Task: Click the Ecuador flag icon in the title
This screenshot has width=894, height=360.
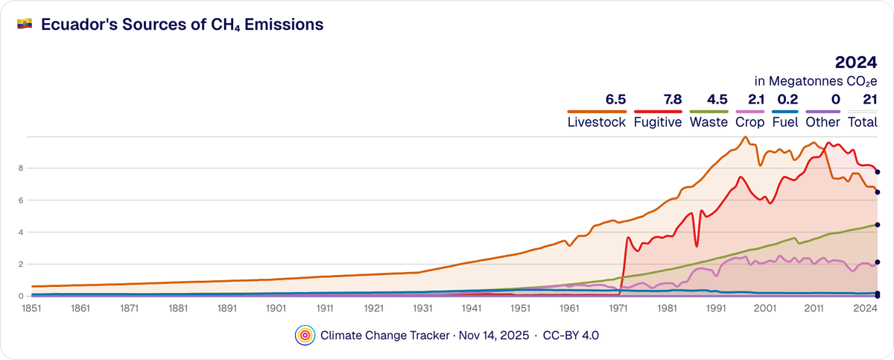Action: [24, 24]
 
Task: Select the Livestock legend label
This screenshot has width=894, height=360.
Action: [596, 122]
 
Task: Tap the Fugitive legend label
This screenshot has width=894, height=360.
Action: [657, 122]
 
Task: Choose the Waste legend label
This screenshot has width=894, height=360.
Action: [708, 122]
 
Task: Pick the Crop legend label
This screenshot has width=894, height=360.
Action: [749, 122]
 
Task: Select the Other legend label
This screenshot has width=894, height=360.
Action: [824, 122]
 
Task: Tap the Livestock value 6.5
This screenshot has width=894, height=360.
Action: [615, 99]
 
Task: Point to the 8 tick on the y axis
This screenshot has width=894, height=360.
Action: [22, 168]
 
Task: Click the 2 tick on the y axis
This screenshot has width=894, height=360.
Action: [22, 264]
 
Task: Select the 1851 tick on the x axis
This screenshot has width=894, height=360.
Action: [31, 307]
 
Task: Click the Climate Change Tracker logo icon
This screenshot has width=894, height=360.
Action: [304, 335]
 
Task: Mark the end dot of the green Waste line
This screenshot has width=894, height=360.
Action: [878, 224]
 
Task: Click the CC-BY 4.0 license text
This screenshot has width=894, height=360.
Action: [571, 335]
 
